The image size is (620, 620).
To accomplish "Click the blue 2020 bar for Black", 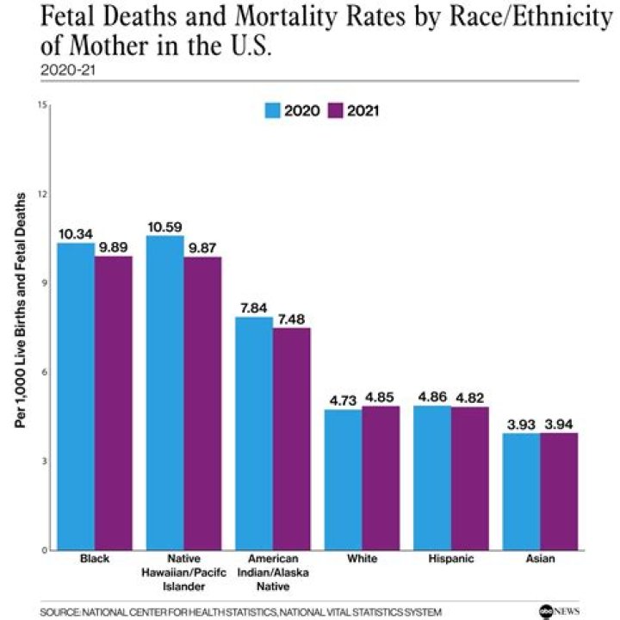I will pyautogui.click(x=76, y=396).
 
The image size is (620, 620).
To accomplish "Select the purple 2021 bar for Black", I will pyautogui.click(x=114, y=403).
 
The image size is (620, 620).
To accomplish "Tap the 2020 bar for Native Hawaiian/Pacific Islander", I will pyautogui.click(x=164, y=393).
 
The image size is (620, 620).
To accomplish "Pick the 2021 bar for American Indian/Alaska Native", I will pyautogui.click(x=292, y=438).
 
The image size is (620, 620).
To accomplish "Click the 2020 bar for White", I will pyautogui.click(x=343, y=479).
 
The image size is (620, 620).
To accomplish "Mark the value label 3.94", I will pyautogui.click(x=559, y=425).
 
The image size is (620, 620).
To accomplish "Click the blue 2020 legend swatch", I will pyautogui.click(x=273, y=110).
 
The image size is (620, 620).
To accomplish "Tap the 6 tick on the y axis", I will pyautogui.click(x=42, y=372).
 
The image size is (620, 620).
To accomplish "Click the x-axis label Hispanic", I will pyautogui.click(x=450, y=559).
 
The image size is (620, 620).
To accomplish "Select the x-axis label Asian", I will pyautogui.click(x=540, y=559).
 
